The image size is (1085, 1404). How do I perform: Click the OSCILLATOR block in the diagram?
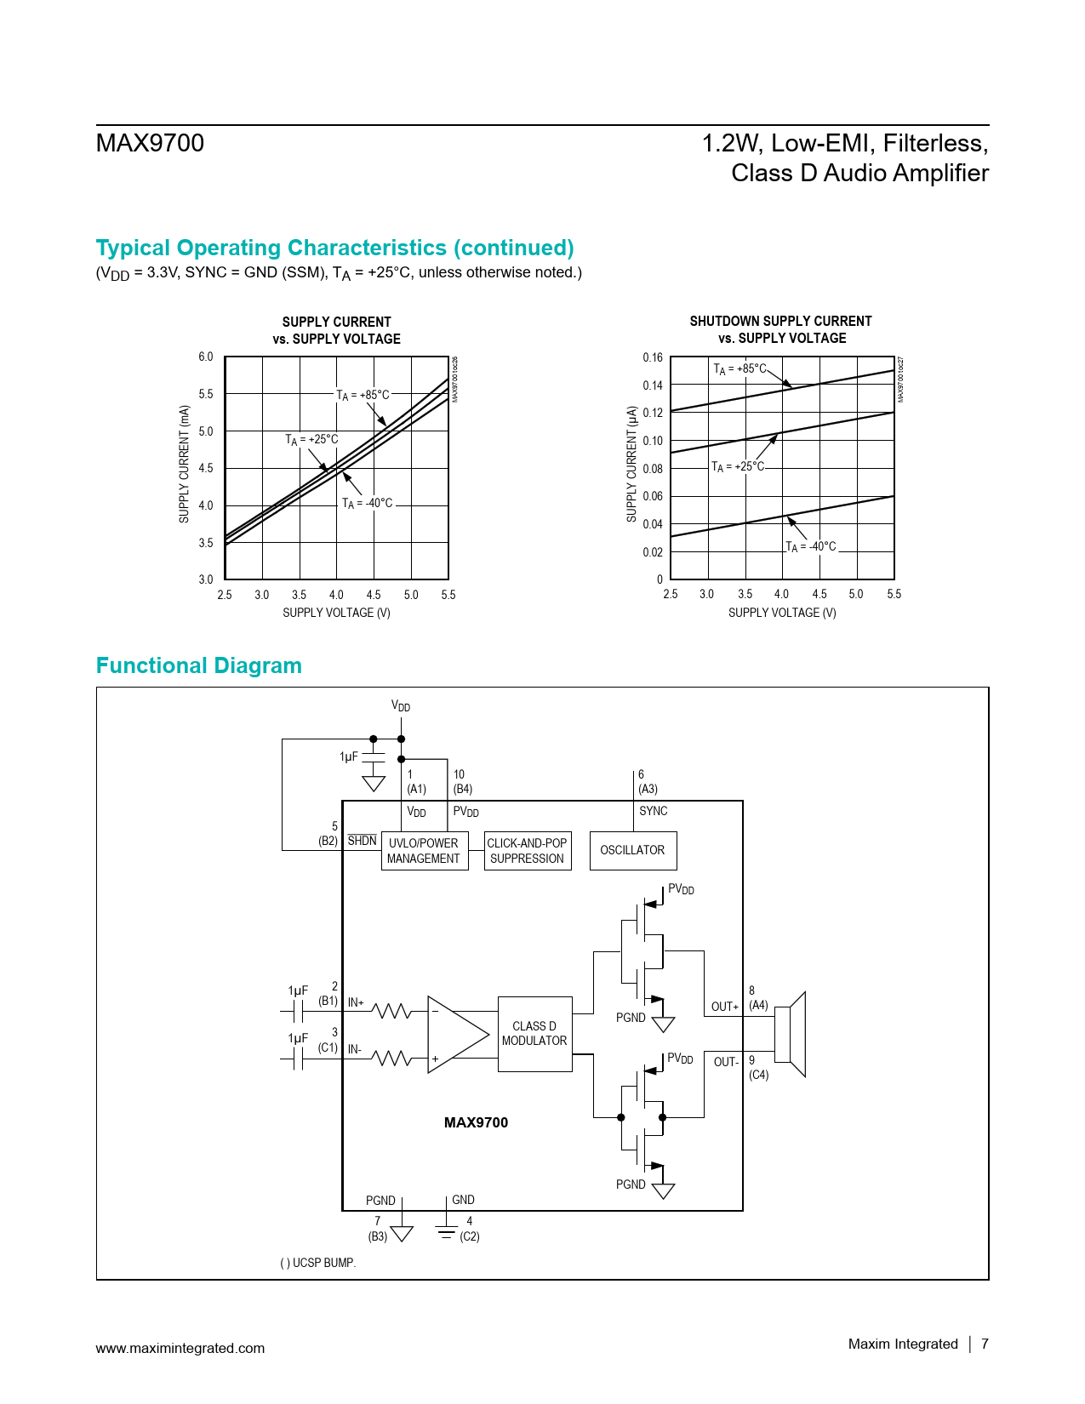coord(632,850)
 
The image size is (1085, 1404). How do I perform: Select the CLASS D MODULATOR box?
coord(534,1034)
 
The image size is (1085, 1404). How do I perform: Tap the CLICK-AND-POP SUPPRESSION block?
coord(527,851)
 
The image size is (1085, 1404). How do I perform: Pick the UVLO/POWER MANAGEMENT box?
coord(424,851)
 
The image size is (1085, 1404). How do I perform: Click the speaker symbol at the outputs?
coord(791,1034)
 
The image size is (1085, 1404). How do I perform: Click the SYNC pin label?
coord(653,811)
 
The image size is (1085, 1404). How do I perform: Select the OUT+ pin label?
coord(724,1007)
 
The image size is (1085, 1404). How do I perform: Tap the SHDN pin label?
coord(362,841)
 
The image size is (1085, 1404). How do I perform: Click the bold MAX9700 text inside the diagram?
coord(476,1122)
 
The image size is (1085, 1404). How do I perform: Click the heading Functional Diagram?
coord(198,665)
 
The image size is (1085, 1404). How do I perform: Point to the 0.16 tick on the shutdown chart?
coord(653,357)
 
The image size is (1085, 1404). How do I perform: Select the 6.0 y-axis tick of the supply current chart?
coord(206,357)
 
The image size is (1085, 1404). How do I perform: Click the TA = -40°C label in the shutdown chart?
coord(811,546)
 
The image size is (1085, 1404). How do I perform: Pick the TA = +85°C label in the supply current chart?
coord(363,395)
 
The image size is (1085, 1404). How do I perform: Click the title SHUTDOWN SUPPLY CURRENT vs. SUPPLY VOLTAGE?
coord(780,329)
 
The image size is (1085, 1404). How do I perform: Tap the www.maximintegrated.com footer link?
coord(180,1348)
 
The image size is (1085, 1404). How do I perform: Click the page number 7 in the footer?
coord(985,1344)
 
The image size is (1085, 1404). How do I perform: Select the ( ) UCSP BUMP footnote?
coord(317,1263)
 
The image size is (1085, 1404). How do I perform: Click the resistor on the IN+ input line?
coord(392,1011)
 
